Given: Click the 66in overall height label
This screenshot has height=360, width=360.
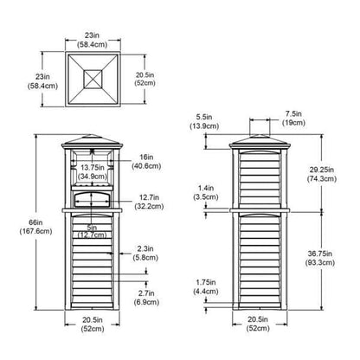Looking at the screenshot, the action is pos(35,227).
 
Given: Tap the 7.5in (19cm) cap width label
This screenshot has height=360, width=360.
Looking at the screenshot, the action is pos(293,118).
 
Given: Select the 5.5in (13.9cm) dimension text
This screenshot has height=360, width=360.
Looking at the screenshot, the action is pos(204,121).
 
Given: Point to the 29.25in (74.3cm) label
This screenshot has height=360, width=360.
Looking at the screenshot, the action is pos(322,174).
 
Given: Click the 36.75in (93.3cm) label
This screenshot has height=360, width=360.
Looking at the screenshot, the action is pos(320,258).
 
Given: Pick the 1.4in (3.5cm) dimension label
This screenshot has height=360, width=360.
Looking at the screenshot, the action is pos(206,192).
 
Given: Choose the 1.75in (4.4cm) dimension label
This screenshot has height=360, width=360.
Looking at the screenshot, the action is pos(206,286).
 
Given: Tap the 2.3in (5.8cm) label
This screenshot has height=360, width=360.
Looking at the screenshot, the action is pos(145,253).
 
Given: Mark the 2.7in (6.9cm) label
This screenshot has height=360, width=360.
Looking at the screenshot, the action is pos(146,298).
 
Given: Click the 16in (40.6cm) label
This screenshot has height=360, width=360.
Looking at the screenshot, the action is pos(146,162).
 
